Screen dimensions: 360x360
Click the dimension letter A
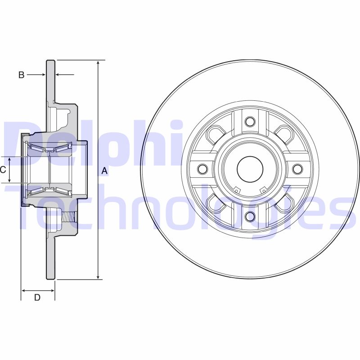click(104, 171)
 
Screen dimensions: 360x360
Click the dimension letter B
click(21, 75)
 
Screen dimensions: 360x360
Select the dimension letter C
click(3, 170)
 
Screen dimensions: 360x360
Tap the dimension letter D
click(37, 297)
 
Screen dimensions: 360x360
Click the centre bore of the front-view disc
click(250, 169)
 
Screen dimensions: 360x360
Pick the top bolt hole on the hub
click(250, 121)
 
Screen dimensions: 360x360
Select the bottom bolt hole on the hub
click(250, 216)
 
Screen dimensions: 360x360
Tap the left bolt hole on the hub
click(202, 169)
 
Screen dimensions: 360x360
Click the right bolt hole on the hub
click(297, 169)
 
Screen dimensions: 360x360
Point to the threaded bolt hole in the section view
click(68, 217)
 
